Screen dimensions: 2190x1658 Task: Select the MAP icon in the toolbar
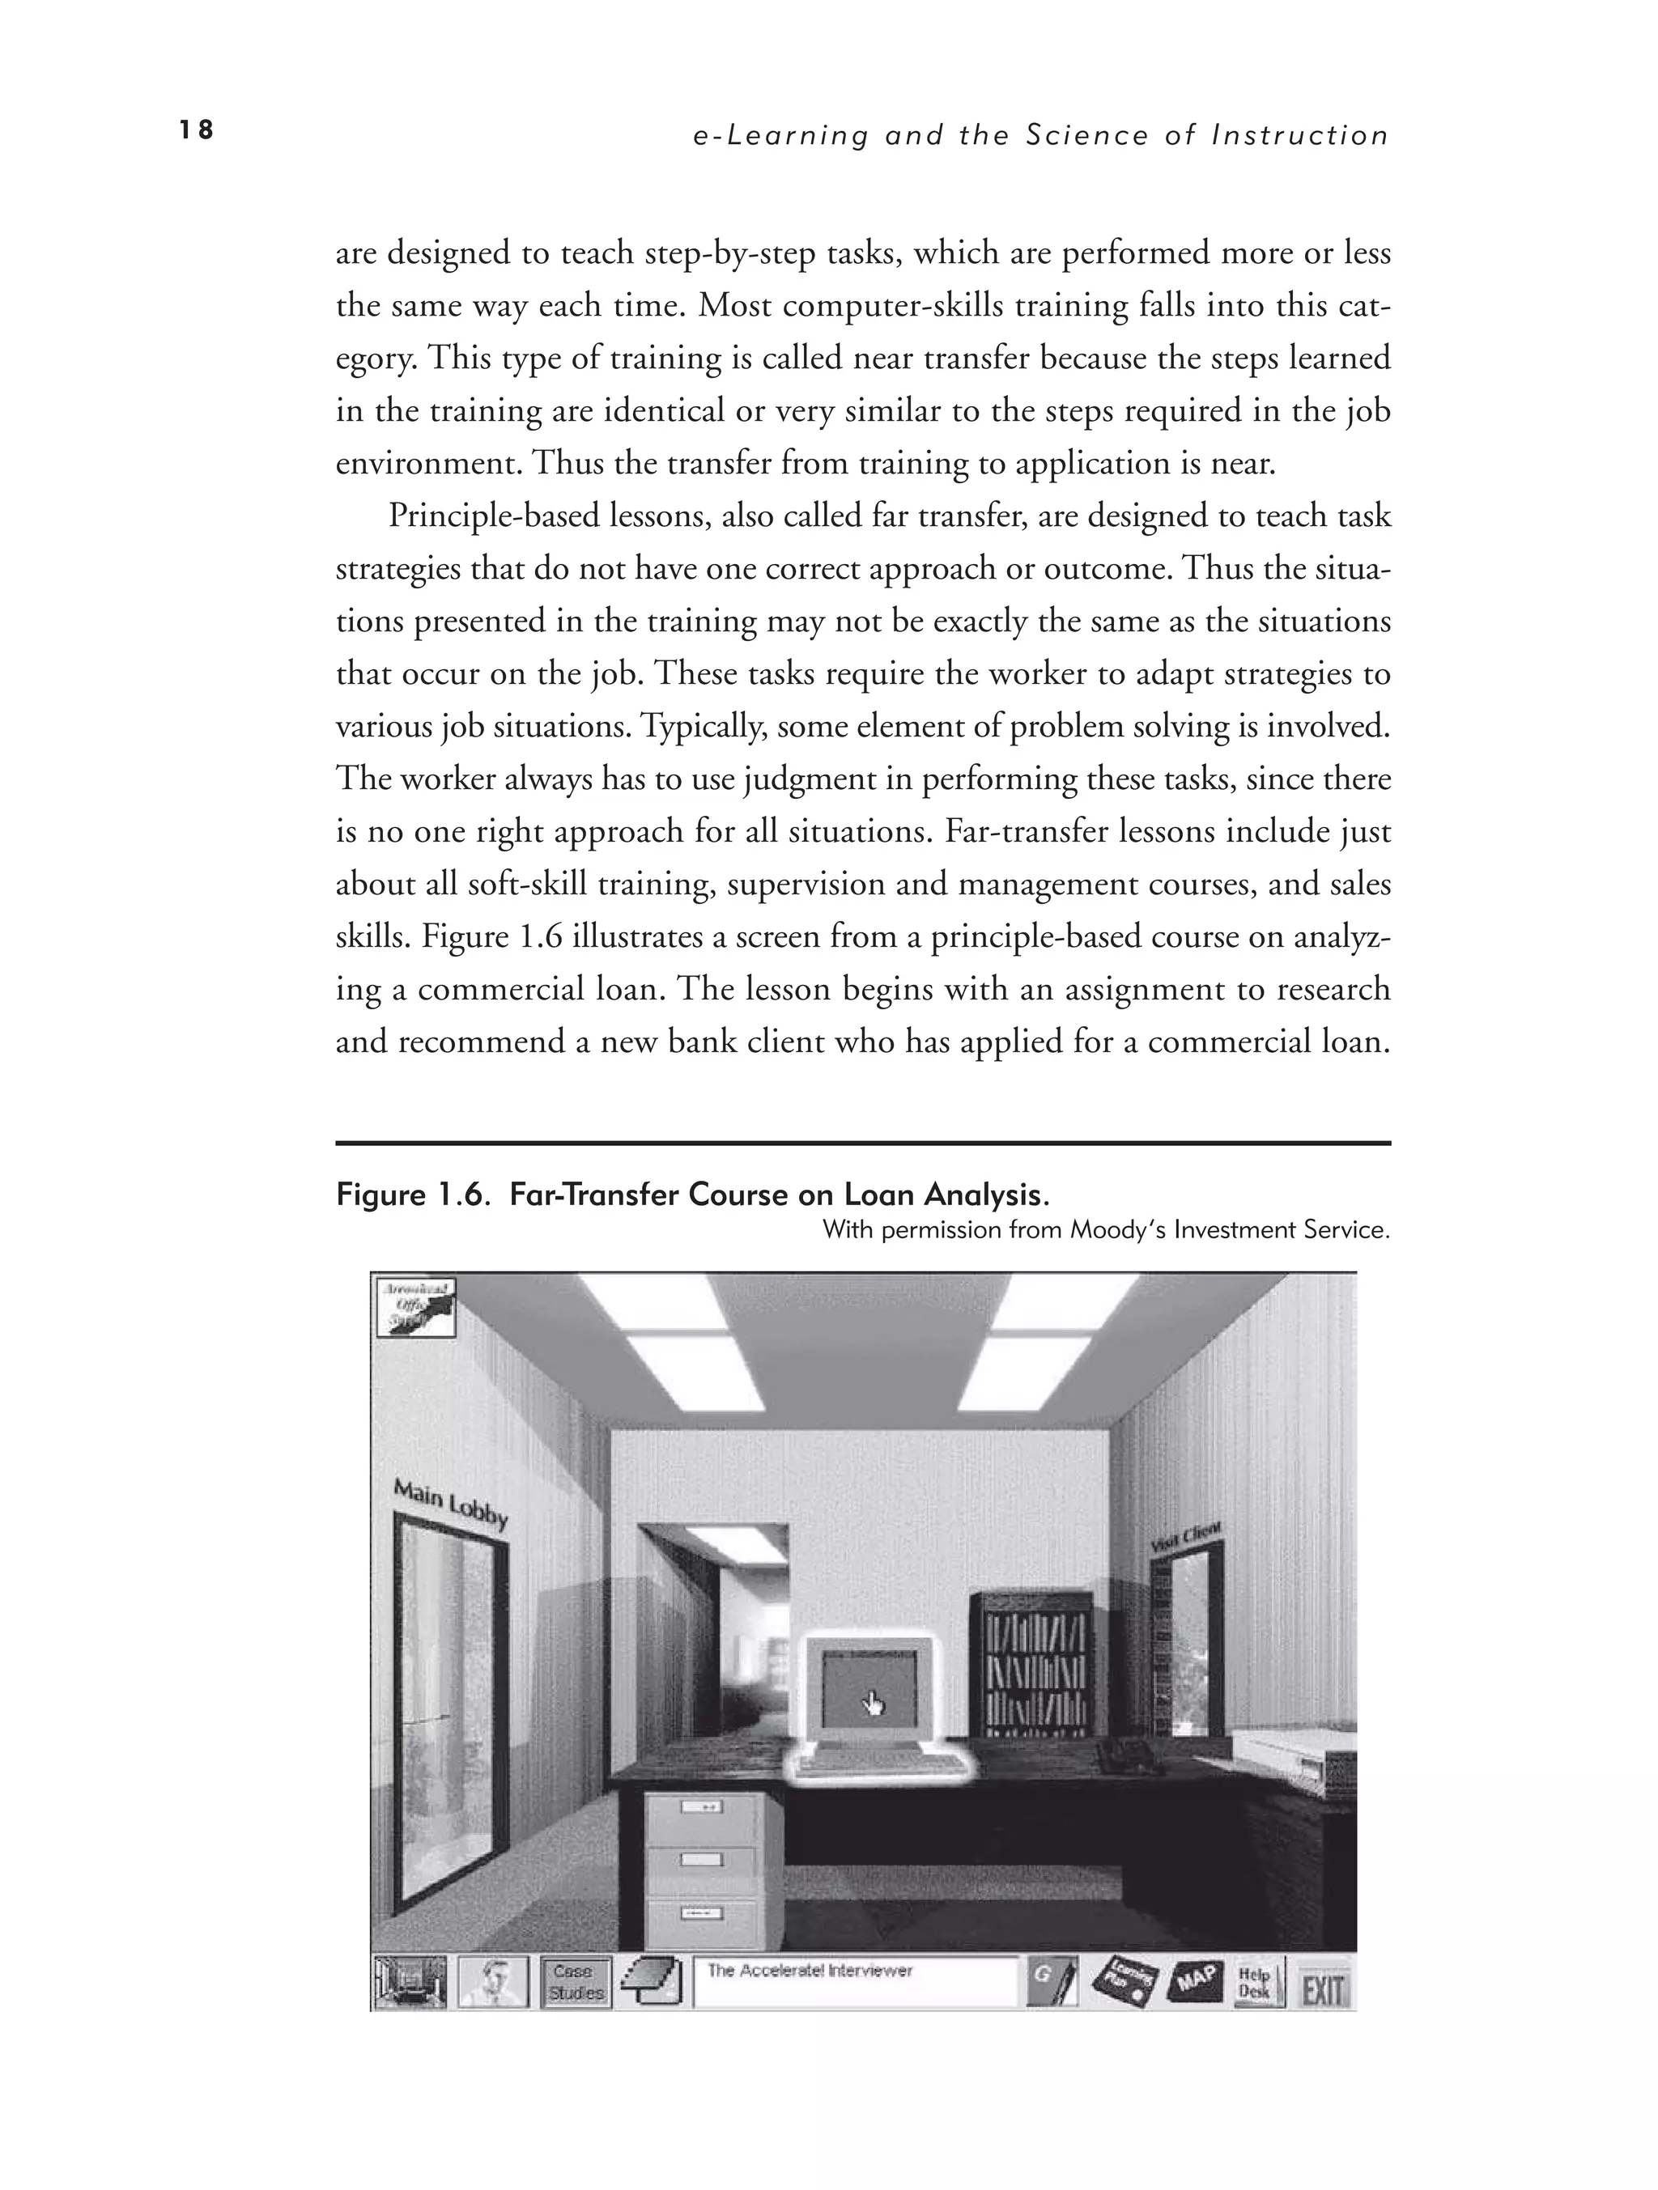coord(1196,1983)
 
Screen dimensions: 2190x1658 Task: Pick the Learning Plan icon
coord(1125,1983)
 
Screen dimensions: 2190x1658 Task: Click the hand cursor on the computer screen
coord(874,1704)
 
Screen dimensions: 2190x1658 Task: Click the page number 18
coord(196,129)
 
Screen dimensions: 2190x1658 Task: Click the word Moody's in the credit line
coord(1118,1231)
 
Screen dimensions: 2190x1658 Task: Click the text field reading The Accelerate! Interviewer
coord(856,1982)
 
